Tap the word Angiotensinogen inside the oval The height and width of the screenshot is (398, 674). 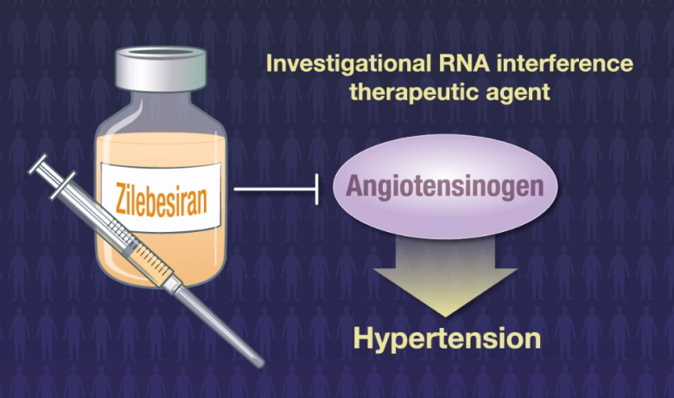click(445, 186)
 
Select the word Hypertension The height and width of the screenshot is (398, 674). click(447, 338)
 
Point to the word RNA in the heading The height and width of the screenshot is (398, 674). click(464, 63)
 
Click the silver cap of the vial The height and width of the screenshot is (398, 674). click(161, 69)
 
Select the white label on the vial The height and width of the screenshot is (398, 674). click(161, 197)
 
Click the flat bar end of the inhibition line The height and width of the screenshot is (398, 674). click(317, 189)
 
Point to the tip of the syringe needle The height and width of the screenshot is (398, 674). click(261, 366)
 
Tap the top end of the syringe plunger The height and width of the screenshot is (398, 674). click(38, 164)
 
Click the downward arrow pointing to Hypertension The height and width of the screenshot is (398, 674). click(445, 276)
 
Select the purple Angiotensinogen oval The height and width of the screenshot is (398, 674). click(445, 186)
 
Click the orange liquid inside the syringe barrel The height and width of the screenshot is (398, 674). click(150, 262)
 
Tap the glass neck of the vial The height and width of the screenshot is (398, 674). click(161, 102)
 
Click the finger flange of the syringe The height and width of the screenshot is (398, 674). click(63, 185)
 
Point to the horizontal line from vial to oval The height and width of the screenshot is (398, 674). click(275, 189)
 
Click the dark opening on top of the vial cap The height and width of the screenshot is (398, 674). click(161, 52)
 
